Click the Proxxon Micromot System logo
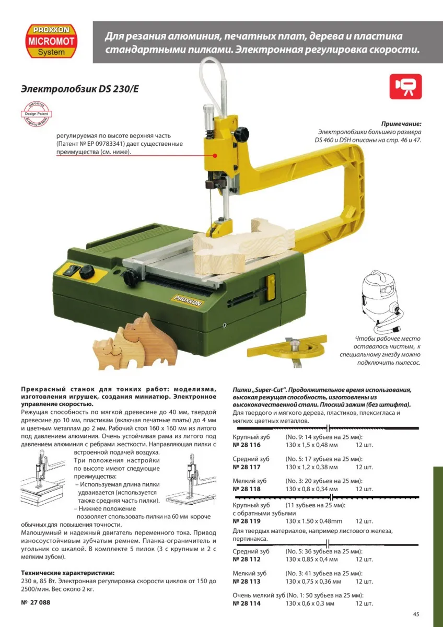[x=52, y=41]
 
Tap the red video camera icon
[x=405, y=87]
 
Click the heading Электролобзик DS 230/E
[x=79, y=89]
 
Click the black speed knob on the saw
[x=87, y=271]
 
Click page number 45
[x=416, y=614]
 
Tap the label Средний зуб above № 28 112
[x=251, y=551]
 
